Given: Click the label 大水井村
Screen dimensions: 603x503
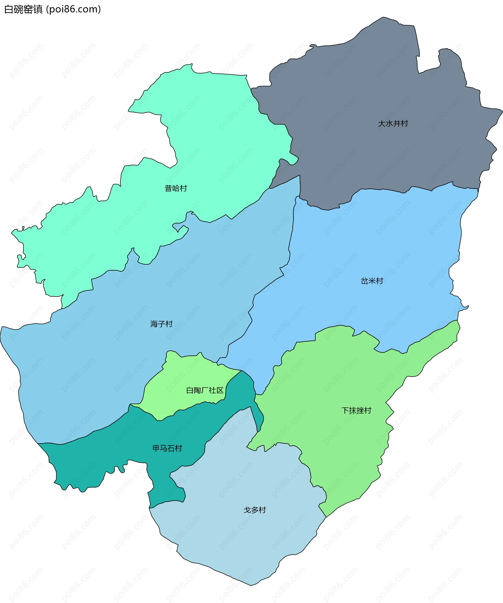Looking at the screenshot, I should point(393,123).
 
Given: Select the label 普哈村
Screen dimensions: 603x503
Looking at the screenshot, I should point(176,188).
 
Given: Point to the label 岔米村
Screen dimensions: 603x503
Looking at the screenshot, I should point(372,281).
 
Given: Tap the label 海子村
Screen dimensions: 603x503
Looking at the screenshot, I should point(161,324).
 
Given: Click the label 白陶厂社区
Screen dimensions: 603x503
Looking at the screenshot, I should point(205,390).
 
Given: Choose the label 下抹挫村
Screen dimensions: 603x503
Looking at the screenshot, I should point(356,410).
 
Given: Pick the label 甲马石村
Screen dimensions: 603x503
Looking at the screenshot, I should point(167,448).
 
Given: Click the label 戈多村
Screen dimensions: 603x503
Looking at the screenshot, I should point(255,510).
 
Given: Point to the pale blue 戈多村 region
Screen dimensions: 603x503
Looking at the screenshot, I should point(244,546).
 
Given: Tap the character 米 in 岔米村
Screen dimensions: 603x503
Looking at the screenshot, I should point(372,281).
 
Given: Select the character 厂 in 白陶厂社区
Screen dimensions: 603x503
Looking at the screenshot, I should point(205,390).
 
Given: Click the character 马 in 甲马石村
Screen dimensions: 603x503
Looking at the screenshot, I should point(163,448).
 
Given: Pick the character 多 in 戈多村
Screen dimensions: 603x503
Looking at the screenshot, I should point(255,510).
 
